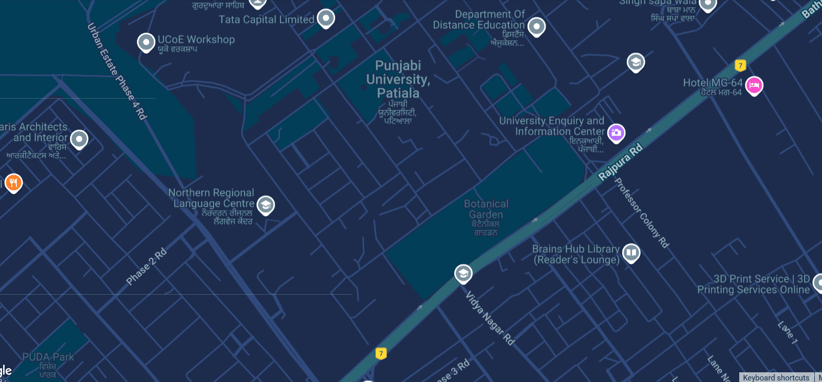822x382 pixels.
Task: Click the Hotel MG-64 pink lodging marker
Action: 754,85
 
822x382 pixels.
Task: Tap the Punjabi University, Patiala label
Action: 398,80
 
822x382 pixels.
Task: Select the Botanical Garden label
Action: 486,209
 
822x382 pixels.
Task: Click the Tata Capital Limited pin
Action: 325,18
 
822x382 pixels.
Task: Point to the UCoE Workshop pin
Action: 146,42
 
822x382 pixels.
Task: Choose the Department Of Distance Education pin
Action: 536,26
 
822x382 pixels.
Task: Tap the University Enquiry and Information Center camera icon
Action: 616,133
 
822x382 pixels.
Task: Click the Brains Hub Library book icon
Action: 631,252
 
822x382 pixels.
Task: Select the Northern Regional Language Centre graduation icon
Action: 265,205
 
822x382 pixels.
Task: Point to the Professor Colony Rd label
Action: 641,212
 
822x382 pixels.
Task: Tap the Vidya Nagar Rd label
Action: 490,318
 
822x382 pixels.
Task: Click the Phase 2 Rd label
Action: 146,267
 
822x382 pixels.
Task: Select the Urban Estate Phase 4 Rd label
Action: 117,71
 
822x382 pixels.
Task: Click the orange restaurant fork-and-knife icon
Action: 13,182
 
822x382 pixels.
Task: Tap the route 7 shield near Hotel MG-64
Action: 740,65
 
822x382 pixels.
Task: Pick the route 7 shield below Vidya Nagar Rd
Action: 381,353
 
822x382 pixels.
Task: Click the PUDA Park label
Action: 48,357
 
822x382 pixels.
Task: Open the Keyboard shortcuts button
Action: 776,377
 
